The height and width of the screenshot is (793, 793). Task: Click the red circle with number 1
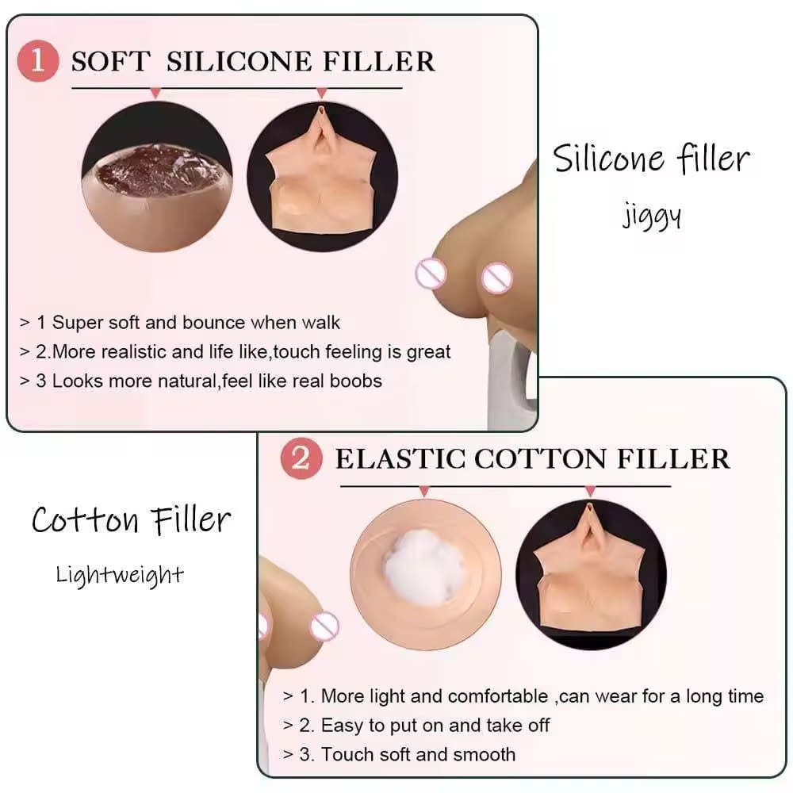coord(38,61)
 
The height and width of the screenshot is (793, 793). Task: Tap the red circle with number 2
coord(301,458)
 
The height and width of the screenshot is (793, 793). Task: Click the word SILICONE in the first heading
coord(239,62)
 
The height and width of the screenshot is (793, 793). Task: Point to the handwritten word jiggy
coord(651,216)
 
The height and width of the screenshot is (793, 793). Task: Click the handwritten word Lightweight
coord(120,576)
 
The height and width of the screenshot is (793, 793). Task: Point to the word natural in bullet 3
coord(187,381)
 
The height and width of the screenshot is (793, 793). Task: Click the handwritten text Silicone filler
coord(651,159)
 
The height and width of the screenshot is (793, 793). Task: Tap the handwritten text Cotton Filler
coord(132,520)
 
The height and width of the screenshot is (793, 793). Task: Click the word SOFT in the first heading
coord(111,62)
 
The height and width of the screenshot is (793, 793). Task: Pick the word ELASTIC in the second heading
coord(400,459)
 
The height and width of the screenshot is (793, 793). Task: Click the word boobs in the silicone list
coord(355,381)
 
